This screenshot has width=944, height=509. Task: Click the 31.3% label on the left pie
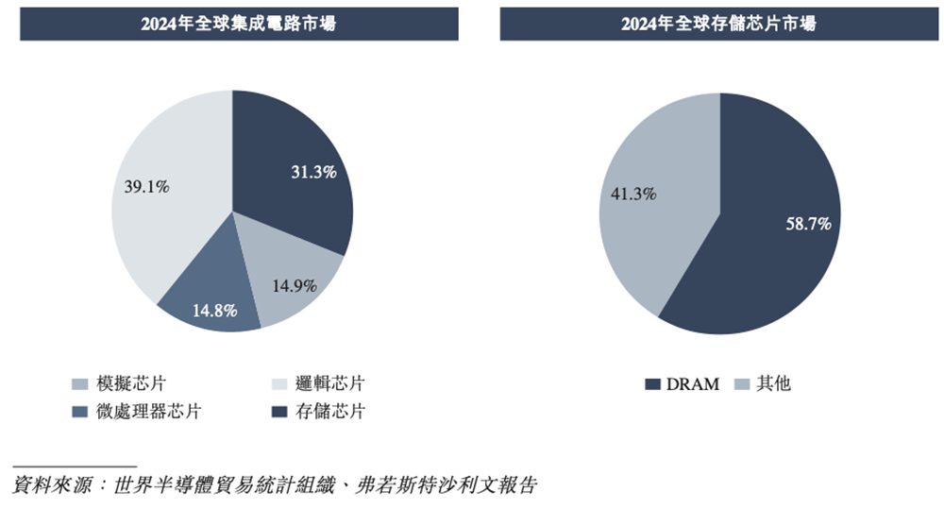coord(312,172)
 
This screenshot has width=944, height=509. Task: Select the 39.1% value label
coord(146,187)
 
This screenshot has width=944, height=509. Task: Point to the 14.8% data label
coord(213,310)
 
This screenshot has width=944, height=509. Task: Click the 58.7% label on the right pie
coord(808,224)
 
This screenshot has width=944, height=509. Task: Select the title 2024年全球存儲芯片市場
coord(718,25)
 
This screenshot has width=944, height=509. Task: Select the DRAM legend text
coord(692,384)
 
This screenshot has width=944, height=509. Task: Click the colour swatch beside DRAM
coord(652,384)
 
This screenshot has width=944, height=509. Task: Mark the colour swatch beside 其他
coord(741,384)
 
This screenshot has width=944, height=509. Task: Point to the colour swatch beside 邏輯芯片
coord(279,384)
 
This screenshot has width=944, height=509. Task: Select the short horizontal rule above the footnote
coord(75,467)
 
